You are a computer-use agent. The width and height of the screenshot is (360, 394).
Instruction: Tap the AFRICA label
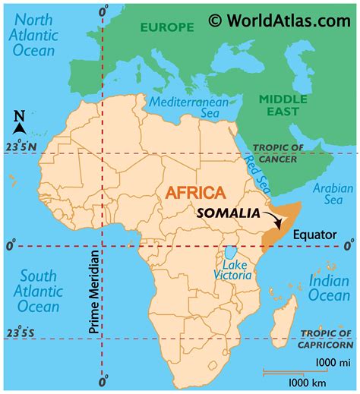(x=194, y=193)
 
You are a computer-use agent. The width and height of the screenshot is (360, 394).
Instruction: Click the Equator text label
(x=314, y=235)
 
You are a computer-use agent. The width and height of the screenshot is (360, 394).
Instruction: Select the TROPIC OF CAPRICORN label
(x=327, y=339)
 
